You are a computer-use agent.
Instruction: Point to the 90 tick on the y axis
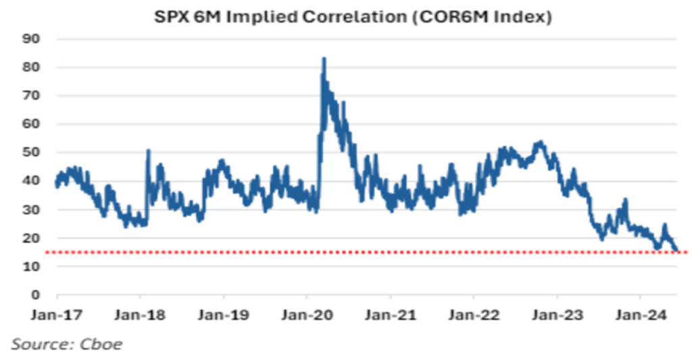[32, 39]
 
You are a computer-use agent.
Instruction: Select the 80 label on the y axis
[32, 68]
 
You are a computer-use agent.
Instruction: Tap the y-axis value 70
[32, 96]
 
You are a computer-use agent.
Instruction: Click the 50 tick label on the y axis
[32, 153]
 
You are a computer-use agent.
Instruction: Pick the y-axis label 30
[32, 209]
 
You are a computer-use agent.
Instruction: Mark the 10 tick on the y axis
[32, 266]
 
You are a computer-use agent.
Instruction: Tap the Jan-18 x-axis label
[140, 315]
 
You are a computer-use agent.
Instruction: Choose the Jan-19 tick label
[224, 315]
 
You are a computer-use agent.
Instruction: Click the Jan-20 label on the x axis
[307, 315]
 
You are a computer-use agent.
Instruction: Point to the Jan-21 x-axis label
[391, 315]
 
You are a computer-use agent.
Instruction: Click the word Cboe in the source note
[103, 344]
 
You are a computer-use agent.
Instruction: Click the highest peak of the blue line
[324, 59]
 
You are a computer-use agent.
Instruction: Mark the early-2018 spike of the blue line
[148, 151]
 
